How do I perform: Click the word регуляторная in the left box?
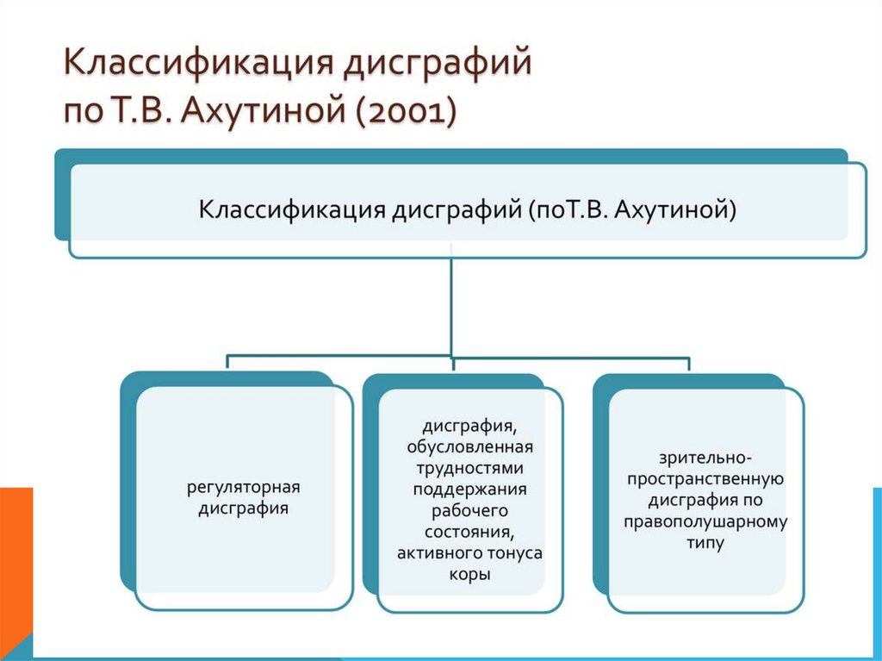coord(243,488)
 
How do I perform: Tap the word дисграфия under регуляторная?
coord(243,508)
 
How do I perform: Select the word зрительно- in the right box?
coord(705,458)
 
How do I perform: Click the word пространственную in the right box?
coord(705,479)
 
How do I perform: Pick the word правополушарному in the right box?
coord(705,521)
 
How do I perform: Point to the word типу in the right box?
coord(705,543)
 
